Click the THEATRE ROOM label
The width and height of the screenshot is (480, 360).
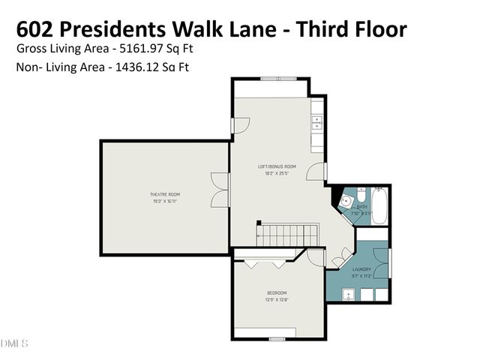tap(164, 194)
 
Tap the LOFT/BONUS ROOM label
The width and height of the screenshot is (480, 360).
tap(277, 166)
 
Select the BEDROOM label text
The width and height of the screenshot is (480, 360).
tap(277, 292)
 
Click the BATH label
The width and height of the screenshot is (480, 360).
tap(361, 206)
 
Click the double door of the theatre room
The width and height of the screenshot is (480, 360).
tap(220, 189)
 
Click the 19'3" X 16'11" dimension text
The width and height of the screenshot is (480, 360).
tap(164, 201)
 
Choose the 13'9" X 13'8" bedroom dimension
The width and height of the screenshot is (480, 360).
tap(277, 300)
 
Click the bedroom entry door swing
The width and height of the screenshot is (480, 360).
tap(316, 257)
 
